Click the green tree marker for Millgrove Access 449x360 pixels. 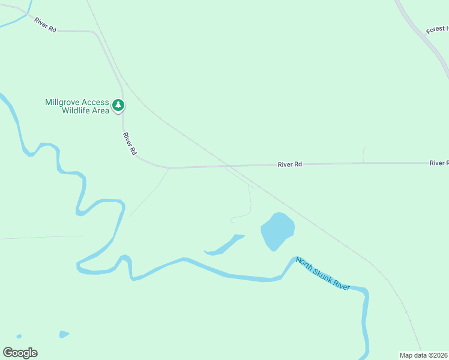click(x=119, y=106)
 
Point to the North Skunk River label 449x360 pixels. click(x=323, y=275)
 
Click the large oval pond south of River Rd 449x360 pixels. click(x=277, y=231)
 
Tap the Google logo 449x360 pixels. click(x=20, y=353)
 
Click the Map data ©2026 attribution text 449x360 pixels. click(x=423, y=355)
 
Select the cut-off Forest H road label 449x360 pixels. click(x=436, y=29)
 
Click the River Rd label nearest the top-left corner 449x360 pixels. click(x=45, y=25)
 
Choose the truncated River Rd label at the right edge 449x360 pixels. click(x=439, y=163)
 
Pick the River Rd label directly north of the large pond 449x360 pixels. click(x=289, y=164)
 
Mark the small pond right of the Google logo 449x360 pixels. click(x=64, y=334)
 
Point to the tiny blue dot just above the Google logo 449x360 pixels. click(x=19, y=337)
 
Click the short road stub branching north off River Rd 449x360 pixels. click(x=364, y=154)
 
